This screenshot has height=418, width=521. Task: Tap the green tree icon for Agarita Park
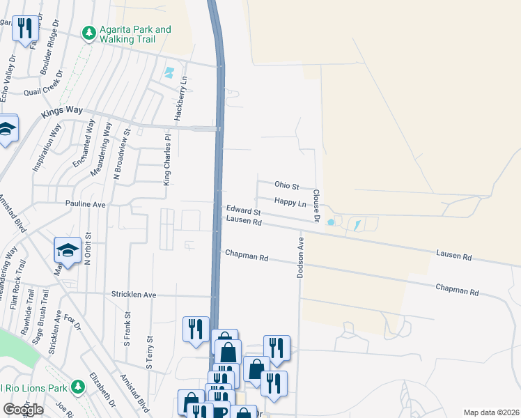click(88, 32)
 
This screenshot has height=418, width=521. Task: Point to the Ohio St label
click(286, 187)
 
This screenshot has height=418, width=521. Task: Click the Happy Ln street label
click(290, 202)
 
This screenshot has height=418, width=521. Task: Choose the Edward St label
click(242, 210)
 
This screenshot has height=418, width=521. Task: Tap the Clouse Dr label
click(316, 206)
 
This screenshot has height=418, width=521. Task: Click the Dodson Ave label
click(301, 258)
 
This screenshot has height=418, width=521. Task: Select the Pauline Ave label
click(85, 205)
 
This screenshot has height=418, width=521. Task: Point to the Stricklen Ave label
click(134, 295)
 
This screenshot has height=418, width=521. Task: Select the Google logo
click(23, 410)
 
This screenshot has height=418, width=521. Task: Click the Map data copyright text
click(491, 412)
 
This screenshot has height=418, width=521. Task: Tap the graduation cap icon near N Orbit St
click(68, 250)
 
